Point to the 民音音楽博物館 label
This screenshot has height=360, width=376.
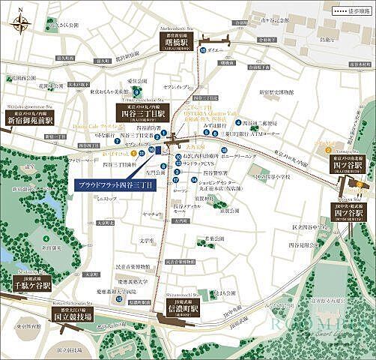point(136,266)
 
